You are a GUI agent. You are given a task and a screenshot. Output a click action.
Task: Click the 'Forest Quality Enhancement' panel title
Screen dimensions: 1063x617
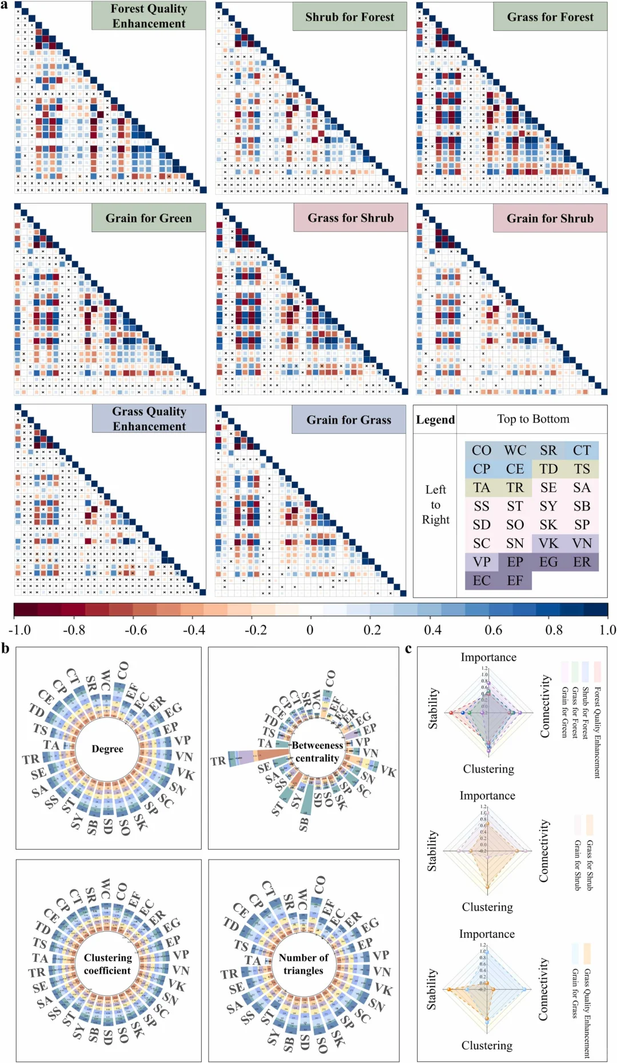(149, 16)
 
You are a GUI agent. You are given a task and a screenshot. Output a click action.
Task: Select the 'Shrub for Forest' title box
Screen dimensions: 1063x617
(350, 17)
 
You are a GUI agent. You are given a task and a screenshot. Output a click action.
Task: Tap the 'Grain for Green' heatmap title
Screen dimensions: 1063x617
(149, 218)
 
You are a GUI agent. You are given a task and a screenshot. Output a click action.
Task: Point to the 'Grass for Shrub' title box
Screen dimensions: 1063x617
(350, 218)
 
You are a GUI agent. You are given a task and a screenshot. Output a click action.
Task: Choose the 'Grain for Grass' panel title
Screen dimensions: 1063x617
(348, 420)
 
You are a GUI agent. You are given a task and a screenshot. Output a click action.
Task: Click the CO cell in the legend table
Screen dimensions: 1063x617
(482, 450)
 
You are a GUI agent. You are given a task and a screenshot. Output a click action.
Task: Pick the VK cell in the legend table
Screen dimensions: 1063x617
(548, 543)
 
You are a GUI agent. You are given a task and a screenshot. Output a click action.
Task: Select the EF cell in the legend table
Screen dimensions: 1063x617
(515, 580)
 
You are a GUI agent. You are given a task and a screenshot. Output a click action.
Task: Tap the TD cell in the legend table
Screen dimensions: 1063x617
(548, 469)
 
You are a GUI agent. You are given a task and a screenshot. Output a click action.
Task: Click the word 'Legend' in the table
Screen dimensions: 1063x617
(435, 420)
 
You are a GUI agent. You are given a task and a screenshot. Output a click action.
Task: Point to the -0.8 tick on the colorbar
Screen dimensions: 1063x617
(73, 630)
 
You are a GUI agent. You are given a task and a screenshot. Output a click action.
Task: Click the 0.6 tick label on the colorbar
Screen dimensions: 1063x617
(493, 630)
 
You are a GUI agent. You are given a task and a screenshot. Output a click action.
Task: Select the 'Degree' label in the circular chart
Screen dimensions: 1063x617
(107, 749)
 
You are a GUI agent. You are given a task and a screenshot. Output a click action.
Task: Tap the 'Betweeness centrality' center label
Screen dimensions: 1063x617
(317, 752)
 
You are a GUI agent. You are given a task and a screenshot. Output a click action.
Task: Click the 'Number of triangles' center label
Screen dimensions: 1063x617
(303, 964)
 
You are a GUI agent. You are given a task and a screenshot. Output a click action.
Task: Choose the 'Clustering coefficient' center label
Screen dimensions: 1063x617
(107, 964)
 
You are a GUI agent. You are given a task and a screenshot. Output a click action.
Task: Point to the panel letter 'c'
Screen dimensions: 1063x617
(408, 649)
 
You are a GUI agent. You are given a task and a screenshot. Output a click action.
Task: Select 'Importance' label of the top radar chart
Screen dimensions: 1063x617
(488, 657)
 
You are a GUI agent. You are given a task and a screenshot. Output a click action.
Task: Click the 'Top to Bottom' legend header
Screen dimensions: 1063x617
(533, 419)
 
